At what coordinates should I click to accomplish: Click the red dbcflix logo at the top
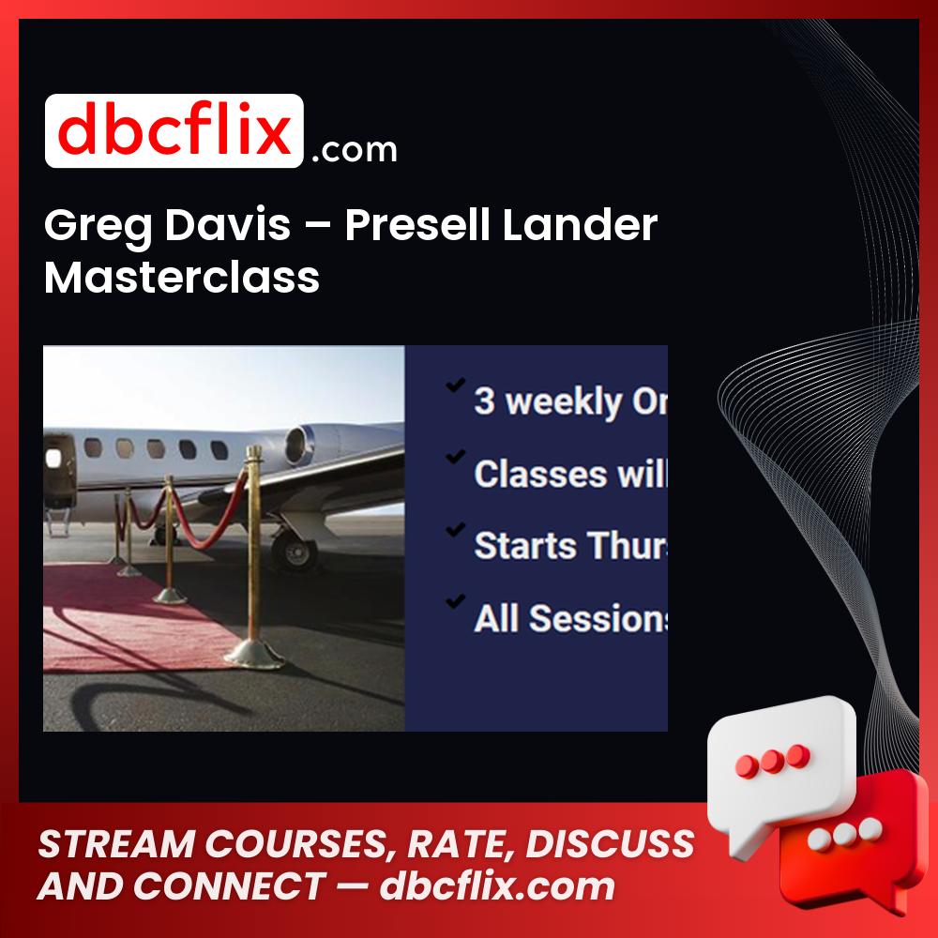pyautogui.click(x=174, y=131)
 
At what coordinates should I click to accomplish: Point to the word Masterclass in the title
pyautogui.click(x=182, y=278)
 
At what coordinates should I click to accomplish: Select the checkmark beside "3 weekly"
pyautogui.click(x=456, y=386)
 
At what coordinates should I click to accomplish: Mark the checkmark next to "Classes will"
pyautogui.click(x=456, y=458)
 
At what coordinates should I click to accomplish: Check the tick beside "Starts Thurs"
pyautogui.click(x=456, y=530)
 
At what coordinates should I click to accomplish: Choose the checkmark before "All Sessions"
pyautogui.click(x=456, y=601)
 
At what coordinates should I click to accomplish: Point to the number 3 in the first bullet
pyautogui.click(x=484, y=401)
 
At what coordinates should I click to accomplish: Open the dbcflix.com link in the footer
pyautogui.click(x=497, y=886)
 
